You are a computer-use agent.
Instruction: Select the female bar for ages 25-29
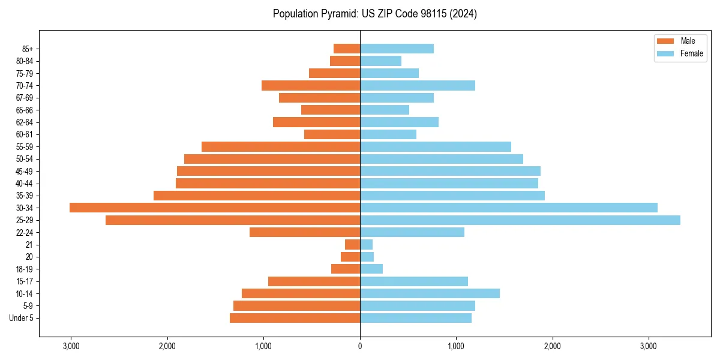pos(520,220)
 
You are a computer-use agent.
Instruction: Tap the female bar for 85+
pos(397,49)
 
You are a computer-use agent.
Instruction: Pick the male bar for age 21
pos(352,245)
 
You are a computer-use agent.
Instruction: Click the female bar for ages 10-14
pos(430,293)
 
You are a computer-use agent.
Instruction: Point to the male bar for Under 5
pos(295,318)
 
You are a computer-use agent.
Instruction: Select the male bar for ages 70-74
pos(311,85)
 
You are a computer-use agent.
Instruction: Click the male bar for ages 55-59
pos(281,146)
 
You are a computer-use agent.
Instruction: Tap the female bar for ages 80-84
pos(380,61)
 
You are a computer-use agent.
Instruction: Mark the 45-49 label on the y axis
pos(25,171)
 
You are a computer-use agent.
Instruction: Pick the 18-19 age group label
pos(25,269)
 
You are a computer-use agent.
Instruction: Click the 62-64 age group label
pos(25,122)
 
